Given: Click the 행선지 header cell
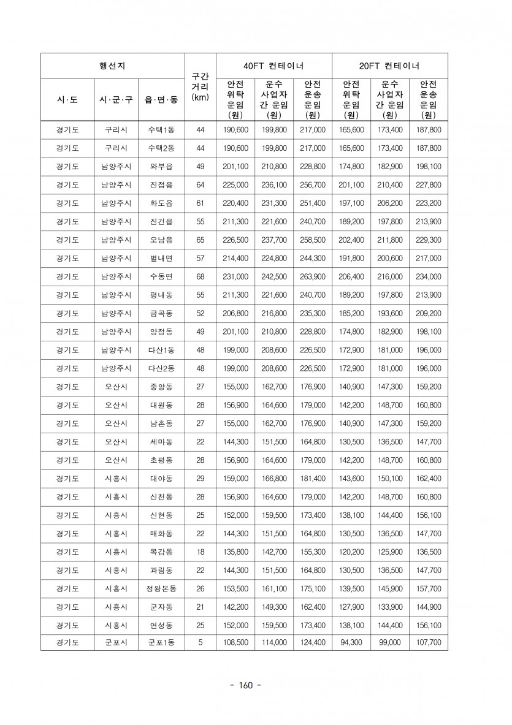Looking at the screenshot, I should point(112,66).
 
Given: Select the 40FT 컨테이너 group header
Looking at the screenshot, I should point(273,66).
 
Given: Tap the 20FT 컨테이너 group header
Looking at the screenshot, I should point(389,66).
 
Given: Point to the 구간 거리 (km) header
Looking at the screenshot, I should point(200,87).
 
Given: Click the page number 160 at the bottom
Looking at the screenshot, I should point(245,685).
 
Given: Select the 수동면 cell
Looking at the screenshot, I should point(161,277).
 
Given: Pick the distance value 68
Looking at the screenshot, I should point(200,277).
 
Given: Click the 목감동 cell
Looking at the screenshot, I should point(161,552).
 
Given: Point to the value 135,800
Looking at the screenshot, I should point(236,552).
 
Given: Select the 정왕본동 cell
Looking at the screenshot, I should point(161,589).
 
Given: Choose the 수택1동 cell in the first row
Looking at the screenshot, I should point(161,130).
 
